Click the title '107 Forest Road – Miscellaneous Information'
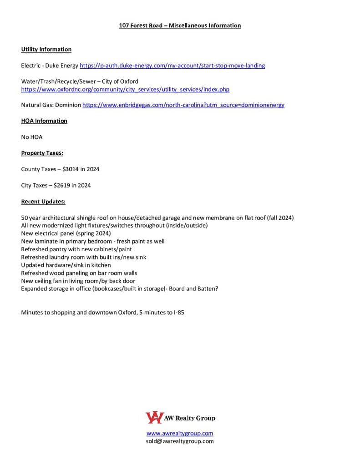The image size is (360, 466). (180, 25)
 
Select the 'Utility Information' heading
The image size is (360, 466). (46, 49)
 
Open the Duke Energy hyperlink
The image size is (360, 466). (172, 66)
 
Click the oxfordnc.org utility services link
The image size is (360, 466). (125, 90)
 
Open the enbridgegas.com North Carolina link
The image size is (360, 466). (183, 105)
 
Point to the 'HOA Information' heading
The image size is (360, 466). (44, 121)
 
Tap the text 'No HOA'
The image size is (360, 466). (32, 137)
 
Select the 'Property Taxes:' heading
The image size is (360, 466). (42, 153)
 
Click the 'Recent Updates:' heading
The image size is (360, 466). (43, 202)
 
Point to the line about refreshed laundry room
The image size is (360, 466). (84, 257)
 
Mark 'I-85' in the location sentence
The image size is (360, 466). (179, 313)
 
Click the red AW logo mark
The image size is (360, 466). (153, 417)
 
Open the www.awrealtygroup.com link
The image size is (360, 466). (180, 433)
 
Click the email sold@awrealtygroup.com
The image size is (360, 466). (180, 441)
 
